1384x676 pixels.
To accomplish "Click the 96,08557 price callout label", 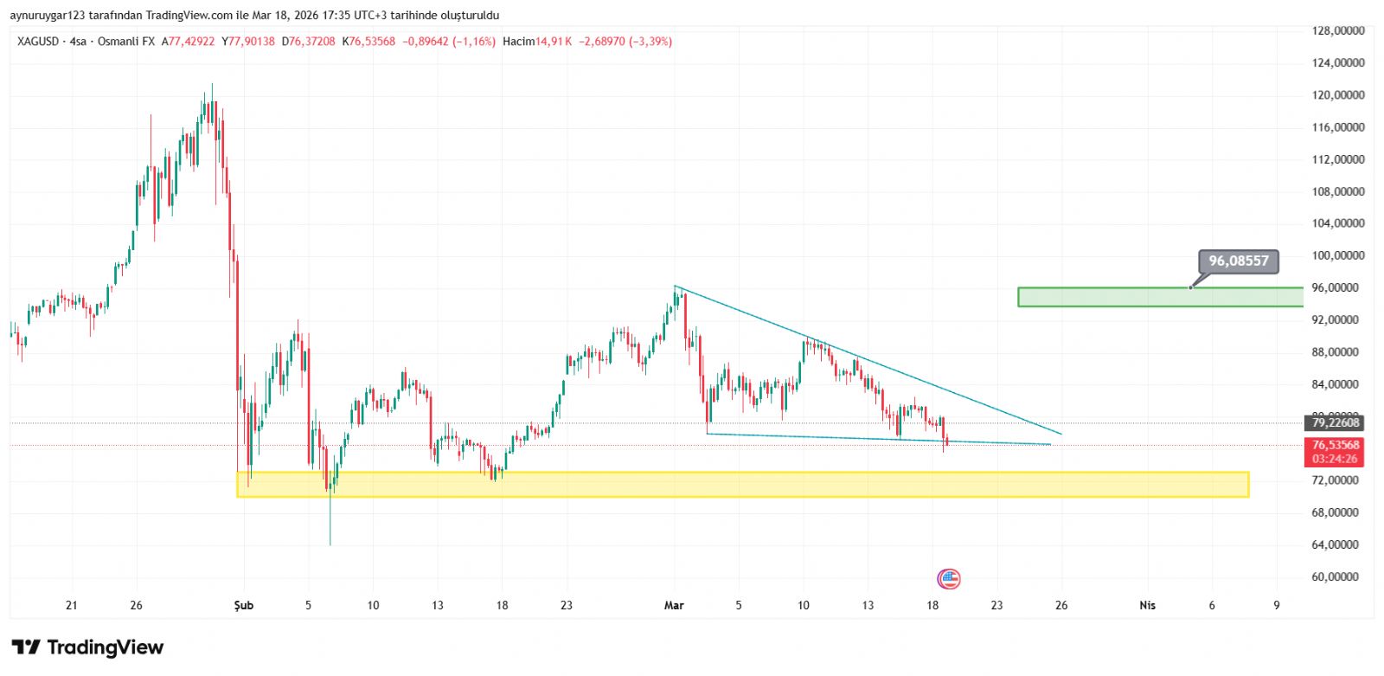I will click(1238, 261).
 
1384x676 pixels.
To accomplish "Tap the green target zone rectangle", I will click(1160, 297).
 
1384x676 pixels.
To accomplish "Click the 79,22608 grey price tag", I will click(1336, 422).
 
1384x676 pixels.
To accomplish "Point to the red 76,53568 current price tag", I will click(1336, 445).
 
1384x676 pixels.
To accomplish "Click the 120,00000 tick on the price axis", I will click(1338, 95).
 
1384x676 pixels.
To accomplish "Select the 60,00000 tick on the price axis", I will click(1338, 576).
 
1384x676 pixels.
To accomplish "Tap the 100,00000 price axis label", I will click(1338, 255).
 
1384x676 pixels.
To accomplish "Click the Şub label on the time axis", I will click(244, 605).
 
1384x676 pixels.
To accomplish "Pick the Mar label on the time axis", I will click(674, 605).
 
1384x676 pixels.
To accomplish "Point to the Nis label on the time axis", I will click(1147, 605).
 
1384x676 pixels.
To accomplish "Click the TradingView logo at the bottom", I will click(87, 647).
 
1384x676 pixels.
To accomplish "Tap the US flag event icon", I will click(949, 578).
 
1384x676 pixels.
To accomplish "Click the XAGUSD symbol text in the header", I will click(38, 42).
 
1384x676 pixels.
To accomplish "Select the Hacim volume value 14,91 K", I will click(554, 42).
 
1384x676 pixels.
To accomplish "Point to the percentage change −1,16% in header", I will click(474, 42).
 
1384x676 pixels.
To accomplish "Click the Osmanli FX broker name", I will click(126, 42).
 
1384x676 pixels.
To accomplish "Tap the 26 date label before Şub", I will click(136, 605).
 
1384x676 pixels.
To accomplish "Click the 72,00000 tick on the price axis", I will click(1338, 480).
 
